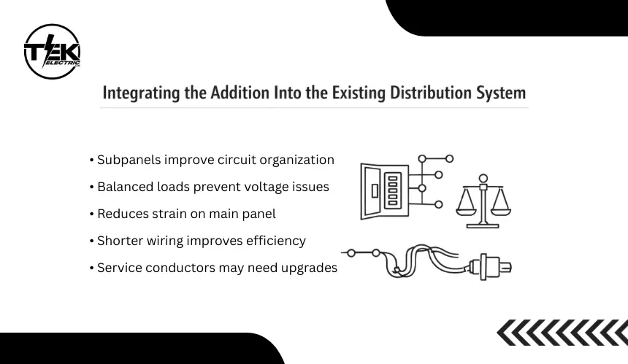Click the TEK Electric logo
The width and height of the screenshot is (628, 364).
[52, 51]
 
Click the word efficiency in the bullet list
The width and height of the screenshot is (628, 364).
[277, 241]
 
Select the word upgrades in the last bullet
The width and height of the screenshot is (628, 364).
[310, 268]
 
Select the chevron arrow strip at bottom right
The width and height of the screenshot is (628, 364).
[562, 333]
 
